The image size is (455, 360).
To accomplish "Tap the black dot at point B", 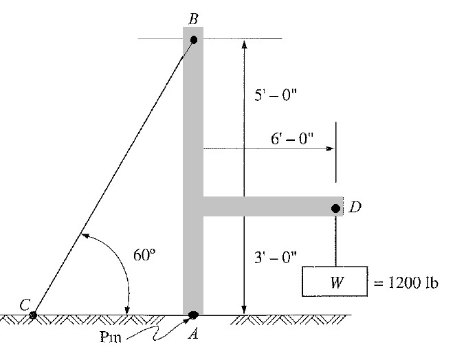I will click(x=194, y=40).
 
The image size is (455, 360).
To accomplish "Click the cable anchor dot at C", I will click(x=33, y=315).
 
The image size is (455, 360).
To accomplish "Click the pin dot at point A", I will click(x=193, y=315).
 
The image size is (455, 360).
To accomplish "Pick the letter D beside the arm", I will click(x=355, y=207).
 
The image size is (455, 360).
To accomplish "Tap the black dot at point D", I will click(x=335, y=207).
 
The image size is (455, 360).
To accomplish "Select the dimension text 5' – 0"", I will click(x=275, y=97).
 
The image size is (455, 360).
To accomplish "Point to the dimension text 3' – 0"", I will click(x=275, y=257).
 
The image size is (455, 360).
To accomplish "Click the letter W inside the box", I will click(x=336, y=282).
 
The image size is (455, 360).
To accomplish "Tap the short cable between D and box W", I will click(x=336, y=240).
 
